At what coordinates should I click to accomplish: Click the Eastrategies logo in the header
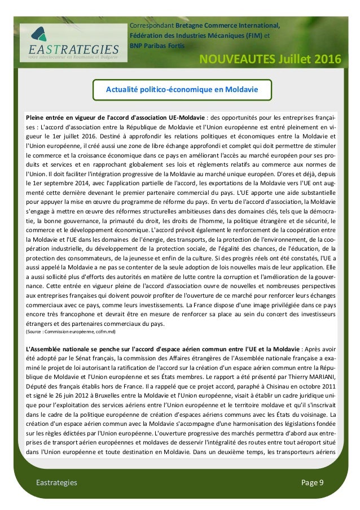click(x=69, y=42)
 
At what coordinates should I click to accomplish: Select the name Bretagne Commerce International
click(x=226, y=25)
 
